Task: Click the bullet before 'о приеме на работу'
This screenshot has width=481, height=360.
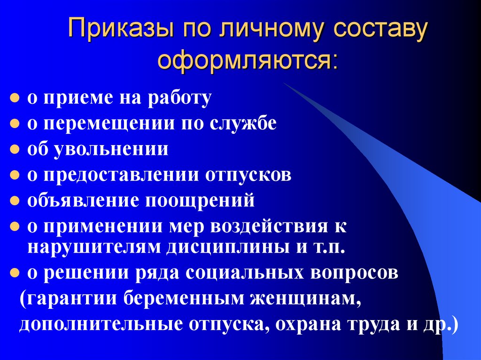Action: click(15, 99)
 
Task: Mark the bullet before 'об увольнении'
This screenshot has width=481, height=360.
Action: click(15, 150)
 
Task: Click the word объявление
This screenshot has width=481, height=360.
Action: click(82, 201)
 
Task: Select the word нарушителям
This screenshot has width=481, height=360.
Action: click(93, 247)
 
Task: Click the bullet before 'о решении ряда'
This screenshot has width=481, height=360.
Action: click(15, 274)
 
